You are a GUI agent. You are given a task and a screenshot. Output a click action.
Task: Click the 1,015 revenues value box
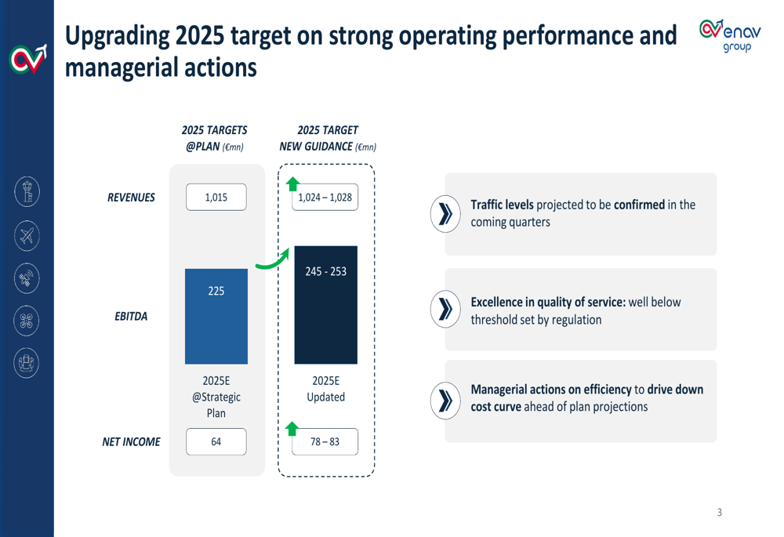(216, 198)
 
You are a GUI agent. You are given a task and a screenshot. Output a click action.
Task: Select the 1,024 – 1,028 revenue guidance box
(325, 198)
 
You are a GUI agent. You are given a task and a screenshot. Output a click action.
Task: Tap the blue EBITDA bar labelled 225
(216, 316)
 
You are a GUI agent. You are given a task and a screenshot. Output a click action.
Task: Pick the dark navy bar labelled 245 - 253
(325, 305)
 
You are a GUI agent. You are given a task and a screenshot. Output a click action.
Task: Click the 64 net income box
(216, 442)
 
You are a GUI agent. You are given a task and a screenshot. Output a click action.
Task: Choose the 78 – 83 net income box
(325, 442)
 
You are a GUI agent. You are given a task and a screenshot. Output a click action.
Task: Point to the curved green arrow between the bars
(271, 259)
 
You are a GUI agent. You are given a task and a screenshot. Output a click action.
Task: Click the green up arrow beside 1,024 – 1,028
(292, 185)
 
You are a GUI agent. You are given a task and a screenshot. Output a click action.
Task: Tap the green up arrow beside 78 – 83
(292, 429)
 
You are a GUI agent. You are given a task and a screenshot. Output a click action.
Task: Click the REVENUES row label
(131, 198)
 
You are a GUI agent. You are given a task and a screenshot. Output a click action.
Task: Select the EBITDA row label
(131, 317)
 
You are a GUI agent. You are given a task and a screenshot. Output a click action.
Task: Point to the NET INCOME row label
(131, 442)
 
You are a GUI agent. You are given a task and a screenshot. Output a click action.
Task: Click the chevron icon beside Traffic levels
(446, 214)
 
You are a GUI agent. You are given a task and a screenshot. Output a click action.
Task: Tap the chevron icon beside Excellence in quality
(446, 310)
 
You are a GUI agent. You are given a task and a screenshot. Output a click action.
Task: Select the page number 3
(720, 513)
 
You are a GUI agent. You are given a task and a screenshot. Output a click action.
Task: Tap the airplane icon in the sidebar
(27, 235)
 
